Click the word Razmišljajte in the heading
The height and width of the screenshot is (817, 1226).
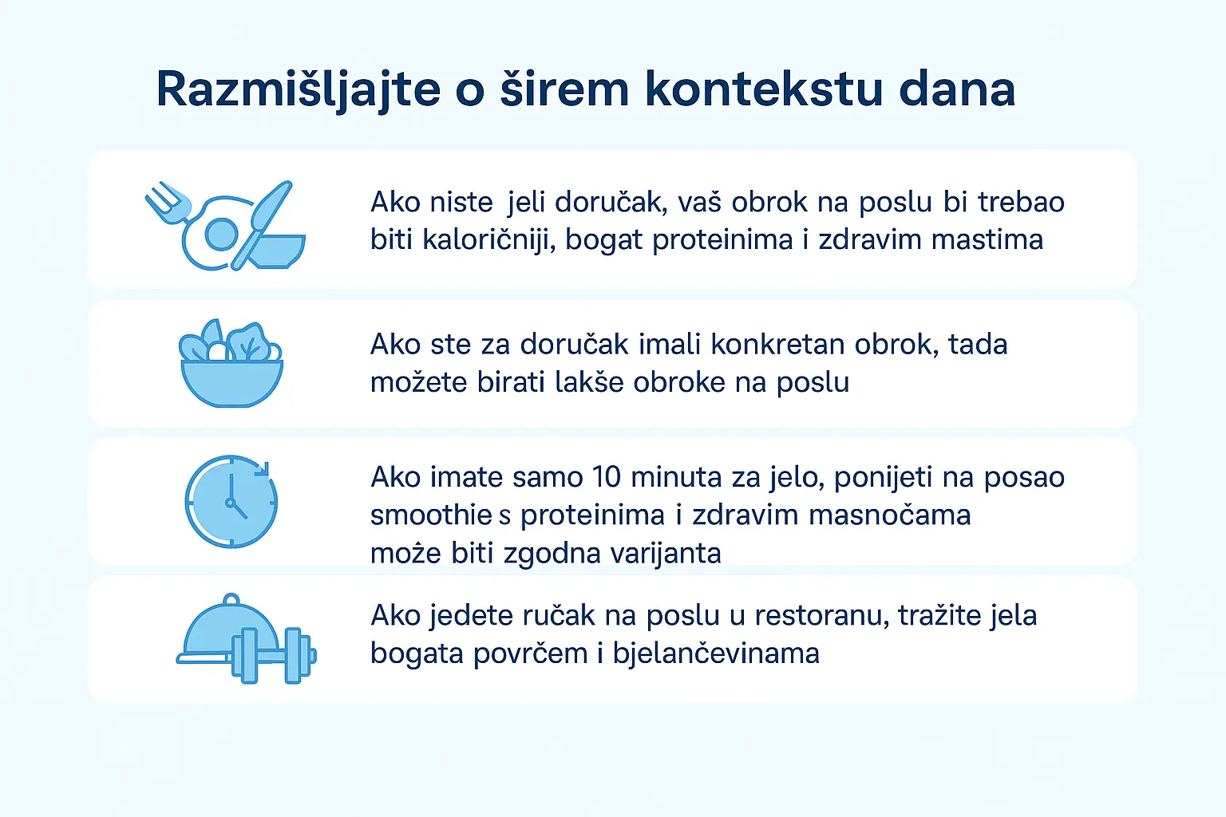[298, 89]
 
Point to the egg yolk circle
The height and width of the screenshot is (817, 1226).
[221, 234]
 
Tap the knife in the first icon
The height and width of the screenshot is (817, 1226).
[269, 211]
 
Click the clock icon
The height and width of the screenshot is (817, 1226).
[231, 502]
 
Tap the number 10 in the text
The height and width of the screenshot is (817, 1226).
[607, 477]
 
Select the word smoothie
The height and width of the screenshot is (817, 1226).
[431, 515]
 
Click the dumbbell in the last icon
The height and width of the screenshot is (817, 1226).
[275, 656]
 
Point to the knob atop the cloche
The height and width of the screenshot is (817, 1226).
[231, 599]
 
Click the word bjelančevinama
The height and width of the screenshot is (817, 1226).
[716, 653]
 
